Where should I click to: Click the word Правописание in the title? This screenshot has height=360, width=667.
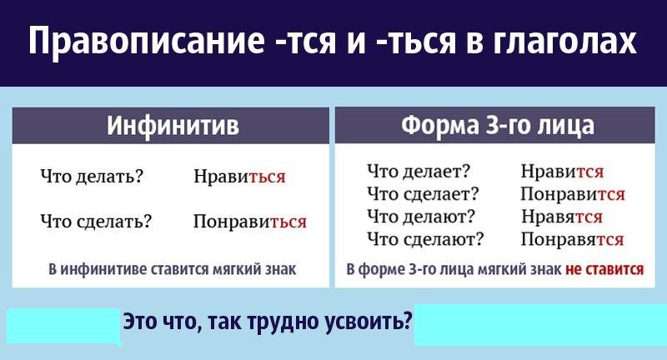(147, 41)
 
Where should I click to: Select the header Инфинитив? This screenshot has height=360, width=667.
(173, 125)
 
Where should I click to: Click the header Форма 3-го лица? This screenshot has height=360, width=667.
(498, 125)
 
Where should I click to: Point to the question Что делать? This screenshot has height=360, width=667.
(92, 176)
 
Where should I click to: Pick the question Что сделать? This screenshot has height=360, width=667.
(96, 221)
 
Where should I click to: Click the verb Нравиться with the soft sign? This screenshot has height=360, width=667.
(239, 176)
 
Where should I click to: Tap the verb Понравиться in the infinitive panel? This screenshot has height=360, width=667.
(250, 222)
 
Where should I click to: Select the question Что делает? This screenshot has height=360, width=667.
(419, 171)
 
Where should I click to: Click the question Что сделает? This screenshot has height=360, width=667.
(424, 194)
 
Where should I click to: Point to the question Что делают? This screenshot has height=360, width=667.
(421, 217)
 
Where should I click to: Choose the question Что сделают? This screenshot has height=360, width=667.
(426, 239)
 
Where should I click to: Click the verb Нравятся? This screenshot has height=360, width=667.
(562, 217)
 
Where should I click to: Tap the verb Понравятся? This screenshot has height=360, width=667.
(573, 239)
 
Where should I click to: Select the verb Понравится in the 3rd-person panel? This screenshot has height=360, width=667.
(573, 194)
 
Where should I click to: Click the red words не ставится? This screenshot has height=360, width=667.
(604, 269)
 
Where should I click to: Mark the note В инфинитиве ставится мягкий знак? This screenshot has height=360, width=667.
(173, 269)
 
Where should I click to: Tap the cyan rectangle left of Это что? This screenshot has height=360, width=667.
(63, 327)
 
